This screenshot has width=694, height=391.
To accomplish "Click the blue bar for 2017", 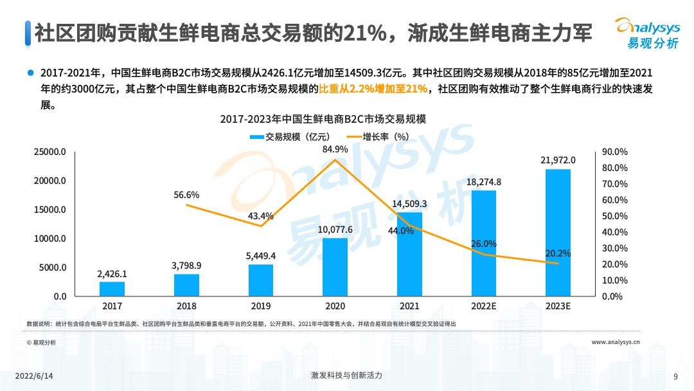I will click(x=112, y=289).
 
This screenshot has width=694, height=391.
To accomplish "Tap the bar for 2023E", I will click(x=558, y=233).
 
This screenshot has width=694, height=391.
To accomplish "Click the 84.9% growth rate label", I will click(x=335, y=149).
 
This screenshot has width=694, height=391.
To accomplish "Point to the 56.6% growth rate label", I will click(x=186, y=194).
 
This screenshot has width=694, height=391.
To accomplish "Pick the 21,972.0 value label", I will click(x=558, y=159).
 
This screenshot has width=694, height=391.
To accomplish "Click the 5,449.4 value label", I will click(x=261, y=255).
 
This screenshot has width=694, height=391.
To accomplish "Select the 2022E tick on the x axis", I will click(x=483, y=306).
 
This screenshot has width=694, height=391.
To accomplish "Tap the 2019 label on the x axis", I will click(x=261, y=306).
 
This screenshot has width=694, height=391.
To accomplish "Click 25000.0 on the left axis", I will click(x=50, y=152).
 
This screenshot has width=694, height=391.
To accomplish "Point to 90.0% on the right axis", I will click(x=614, y=152).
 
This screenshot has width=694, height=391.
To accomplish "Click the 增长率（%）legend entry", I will click(x=378, y=136).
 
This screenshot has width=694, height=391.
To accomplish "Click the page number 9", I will click(x=675, y=376).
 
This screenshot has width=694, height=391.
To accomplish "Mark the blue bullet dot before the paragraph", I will click(x=30, y=73).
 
